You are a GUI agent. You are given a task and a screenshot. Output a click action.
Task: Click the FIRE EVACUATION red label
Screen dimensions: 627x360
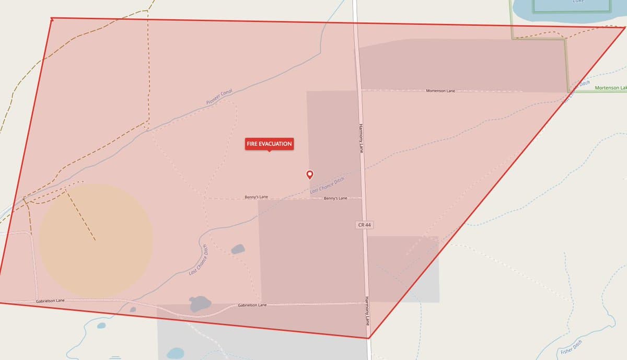coord(269,144)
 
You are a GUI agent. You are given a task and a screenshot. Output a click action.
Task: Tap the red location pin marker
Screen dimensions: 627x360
coord(310,175)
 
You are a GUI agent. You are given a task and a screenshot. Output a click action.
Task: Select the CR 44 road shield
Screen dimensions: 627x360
coord(365,225)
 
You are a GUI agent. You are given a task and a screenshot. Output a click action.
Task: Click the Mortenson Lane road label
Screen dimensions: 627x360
coord(440,91)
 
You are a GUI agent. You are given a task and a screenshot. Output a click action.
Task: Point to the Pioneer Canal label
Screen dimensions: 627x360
coord(219,97)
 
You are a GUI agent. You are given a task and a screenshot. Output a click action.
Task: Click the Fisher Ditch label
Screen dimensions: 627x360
coord(571,347)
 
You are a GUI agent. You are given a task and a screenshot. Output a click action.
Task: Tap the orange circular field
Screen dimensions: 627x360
coord(96,240)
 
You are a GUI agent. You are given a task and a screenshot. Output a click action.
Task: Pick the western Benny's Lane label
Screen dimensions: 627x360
coord(256,197)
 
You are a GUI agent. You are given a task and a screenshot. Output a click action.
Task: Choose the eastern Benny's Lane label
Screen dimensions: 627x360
coord(335,199)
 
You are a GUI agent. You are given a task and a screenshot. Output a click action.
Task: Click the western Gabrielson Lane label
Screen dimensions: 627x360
coord(50,301)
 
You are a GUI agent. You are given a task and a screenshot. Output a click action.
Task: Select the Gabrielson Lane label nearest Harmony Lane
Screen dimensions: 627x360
coord(252,305)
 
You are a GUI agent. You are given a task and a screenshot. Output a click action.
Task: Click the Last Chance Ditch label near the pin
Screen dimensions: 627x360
coord(327,185)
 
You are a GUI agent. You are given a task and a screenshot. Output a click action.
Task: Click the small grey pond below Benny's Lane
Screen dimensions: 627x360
coord(238,249)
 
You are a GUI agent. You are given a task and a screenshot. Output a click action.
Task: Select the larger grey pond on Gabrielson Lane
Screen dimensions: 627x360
coord(200,303)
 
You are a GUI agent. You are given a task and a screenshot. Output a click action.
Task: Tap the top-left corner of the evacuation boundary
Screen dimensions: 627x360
coord(52,19)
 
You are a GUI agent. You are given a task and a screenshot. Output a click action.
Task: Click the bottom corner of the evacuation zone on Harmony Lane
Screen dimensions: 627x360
coord(368,338)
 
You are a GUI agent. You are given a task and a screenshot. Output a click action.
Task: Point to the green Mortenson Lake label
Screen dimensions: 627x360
coord(610,88)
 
